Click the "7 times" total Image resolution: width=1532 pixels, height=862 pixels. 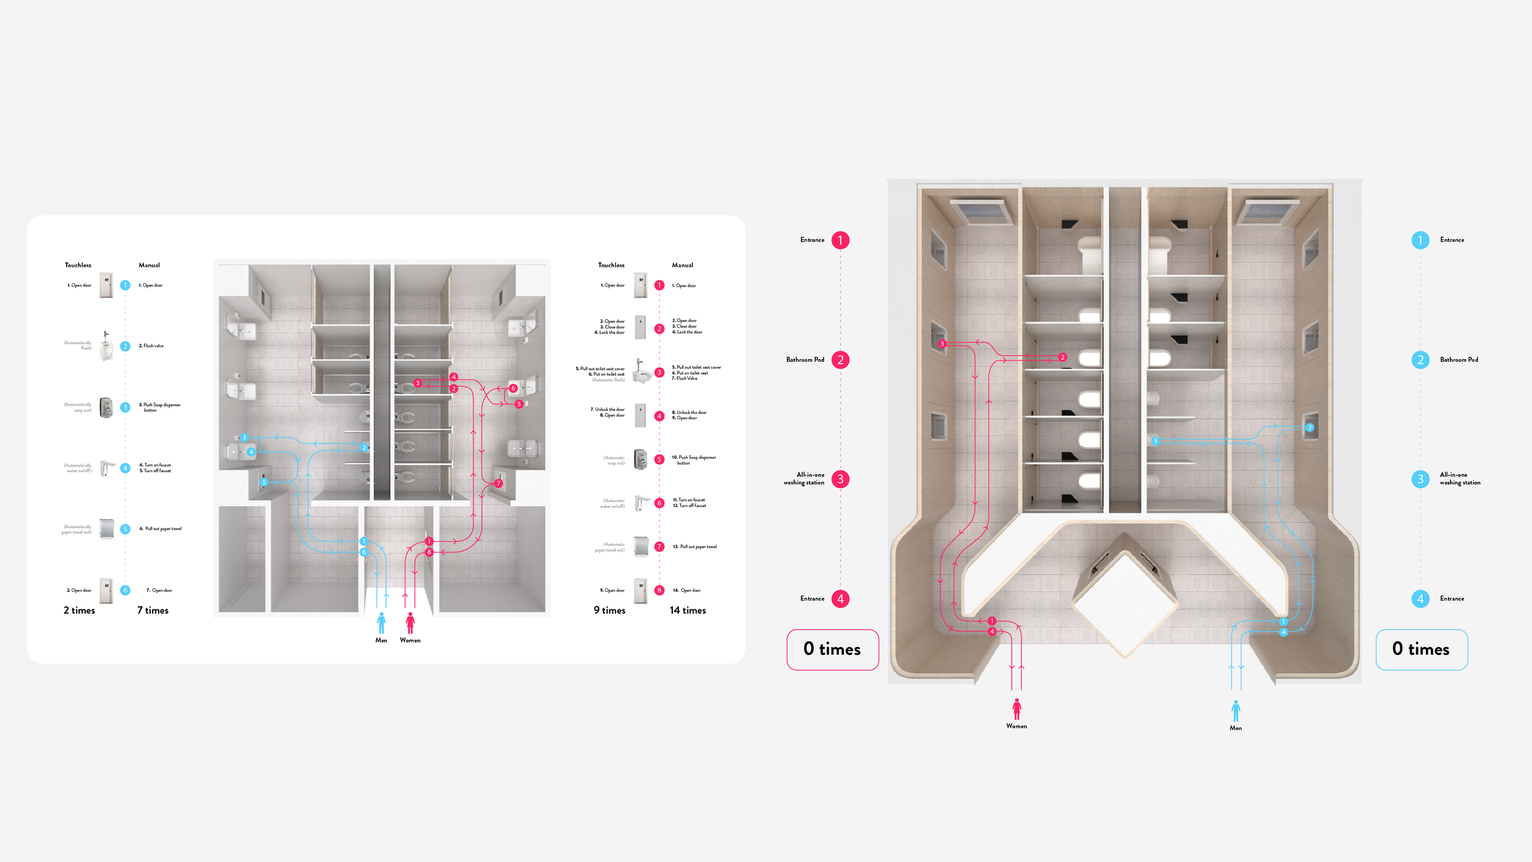tap(153, 611)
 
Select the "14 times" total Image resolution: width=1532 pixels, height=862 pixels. tap(688, 611)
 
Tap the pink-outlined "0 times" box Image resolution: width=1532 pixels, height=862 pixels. tap(832, 649)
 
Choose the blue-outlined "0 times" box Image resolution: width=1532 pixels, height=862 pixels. tap(1421, 649)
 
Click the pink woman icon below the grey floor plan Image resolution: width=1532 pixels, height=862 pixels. tap(410, 623)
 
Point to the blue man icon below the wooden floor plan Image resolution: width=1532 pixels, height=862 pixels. tap(1235, 711)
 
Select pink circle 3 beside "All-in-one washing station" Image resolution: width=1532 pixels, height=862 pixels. tap(840, 479)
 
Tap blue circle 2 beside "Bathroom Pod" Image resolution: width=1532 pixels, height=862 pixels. tap(1420, 360)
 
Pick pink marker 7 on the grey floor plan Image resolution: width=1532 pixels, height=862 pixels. tap(498, 484)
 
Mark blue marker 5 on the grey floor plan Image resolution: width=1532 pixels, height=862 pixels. tap(264, 482)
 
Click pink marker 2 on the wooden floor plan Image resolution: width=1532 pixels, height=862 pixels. tap(1063, 357)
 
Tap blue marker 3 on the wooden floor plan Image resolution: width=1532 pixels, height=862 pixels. tap(1155, 441)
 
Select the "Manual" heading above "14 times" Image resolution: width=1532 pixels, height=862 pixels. tap(682, 265)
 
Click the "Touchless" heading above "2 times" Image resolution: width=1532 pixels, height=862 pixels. tap(78, 265)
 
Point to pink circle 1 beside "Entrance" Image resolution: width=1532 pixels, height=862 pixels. tap(840, 240)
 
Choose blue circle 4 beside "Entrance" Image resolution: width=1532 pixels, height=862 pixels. tap(1420, 598)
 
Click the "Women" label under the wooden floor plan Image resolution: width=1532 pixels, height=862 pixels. tap(1016, 727)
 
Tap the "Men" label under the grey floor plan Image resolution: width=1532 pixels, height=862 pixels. tap(381, 641)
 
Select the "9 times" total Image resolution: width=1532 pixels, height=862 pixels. tap(609, 611)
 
